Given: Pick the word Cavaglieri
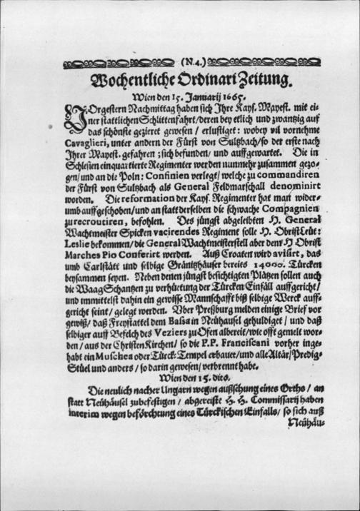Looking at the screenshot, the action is (x=87, y=148).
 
